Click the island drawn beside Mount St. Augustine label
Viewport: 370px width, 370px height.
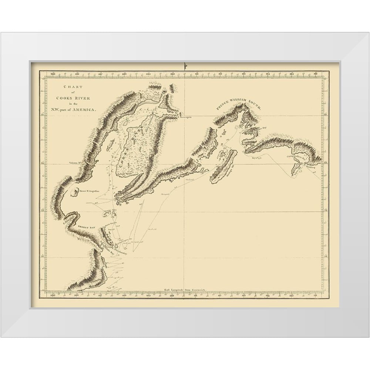click(73, 192)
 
